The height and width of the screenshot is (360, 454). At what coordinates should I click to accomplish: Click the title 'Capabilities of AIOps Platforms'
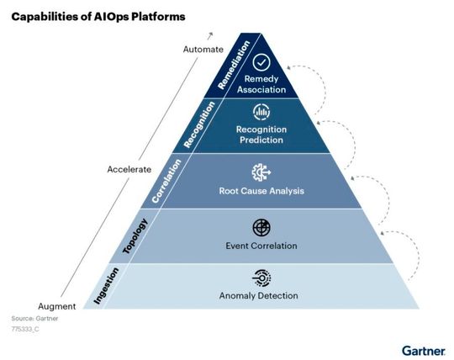click(98, 16)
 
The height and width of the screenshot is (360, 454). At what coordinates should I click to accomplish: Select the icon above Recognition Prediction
click(261, 113)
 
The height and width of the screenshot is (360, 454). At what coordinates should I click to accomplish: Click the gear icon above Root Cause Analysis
click(261, 172)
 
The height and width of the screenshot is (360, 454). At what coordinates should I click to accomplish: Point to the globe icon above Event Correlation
click(261, 228)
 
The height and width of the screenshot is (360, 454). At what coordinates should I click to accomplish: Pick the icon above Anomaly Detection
click(261, 278)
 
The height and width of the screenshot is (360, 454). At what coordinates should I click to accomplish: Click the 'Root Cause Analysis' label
click(261, 191)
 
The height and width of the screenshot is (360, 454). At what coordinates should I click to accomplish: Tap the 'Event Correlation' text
click(261, 246)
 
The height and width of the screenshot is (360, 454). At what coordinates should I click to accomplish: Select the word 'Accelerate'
click(129, 169)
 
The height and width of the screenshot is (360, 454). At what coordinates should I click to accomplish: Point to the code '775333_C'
click(25, 332)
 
